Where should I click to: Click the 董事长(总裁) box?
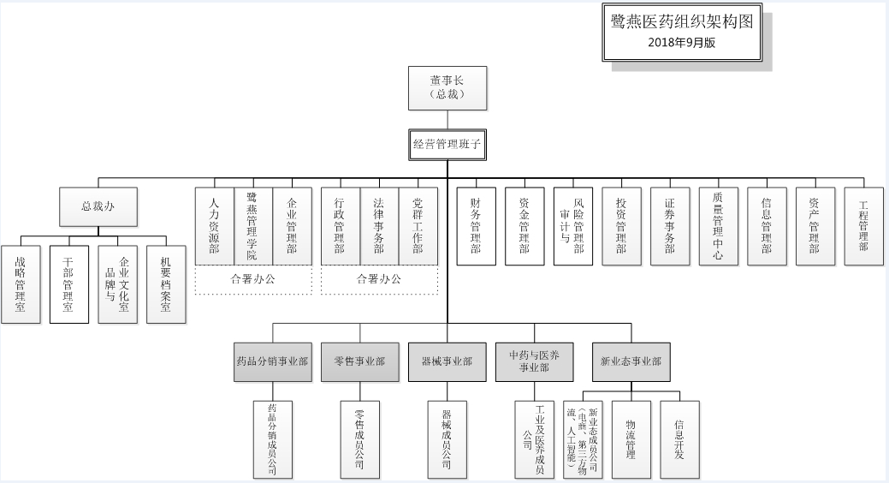[447, 87]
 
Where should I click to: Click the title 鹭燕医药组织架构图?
[682, 23]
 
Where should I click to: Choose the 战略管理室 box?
[21, 284]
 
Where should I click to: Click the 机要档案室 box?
[166, 284]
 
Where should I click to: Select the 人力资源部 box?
[215, 226]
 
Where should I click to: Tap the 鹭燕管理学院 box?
[253, 226]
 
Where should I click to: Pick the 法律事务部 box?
[379, 226]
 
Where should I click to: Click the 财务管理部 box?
[476, 226]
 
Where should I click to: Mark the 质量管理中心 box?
[718, 226]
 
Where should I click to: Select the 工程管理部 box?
[863, 226]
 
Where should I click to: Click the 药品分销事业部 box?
[271, 361]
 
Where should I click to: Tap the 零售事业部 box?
[359, 361]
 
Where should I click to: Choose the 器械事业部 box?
[447, 361]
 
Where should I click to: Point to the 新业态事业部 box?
[631, 361]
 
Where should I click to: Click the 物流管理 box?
[631, 439]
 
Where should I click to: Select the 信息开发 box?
[679, 439]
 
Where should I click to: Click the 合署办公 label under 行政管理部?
[379, 279]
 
